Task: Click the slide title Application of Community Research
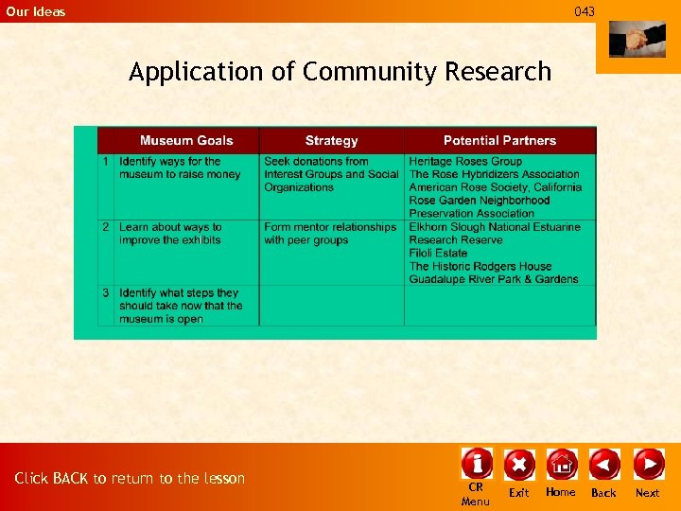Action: click(340, 72)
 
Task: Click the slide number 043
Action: click(585, 11)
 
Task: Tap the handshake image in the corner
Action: click(637, 40)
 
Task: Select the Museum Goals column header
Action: click(186, 140)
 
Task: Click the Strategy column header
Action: click(331, 140)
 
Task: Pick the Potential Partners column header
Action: click(499, 140)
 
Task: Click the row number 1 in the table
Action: click(107, 162)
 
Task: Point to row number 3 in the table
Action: click(107, 293)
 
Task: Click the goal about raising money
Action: click(180, 167)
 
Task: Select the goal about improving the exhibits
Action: click(170, 234)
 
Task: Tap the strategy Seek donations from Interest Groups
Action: click(331, 174)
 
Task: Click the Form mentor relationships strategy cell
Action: click(330, 234)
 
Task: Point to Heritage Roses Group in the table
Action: click(465, 161)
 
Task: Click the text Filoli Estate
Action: click(438, 254)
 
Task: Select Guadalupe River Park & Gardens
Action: click(494, 279)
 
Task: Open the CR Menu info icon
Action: click(476, 464)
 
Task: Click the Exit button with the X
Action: click(519, 464)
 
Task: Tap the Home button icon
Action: click(561, 464)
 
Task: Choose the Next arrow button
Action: click(648, 464)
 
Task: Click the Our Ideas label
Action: click(36, 11)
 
